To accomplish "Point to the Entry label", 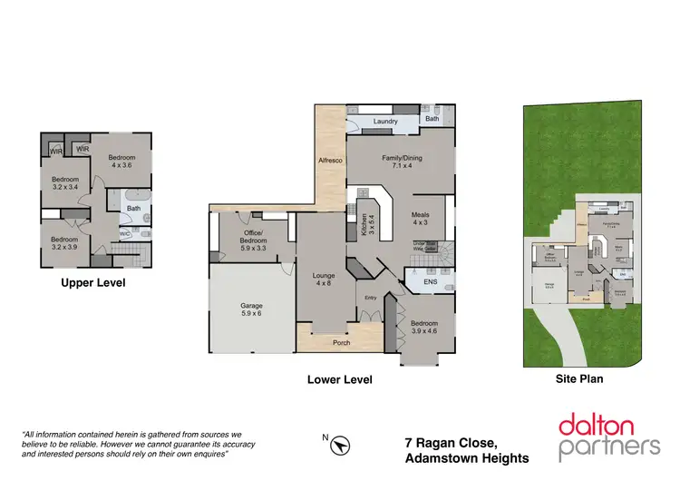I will pos(370,297).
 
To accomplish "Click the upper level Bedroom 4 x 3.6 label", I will pos(121,160).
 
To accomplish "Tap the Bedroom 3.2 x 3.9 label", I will pos(64,242).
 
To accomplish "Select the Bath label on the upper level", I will pos(133,208).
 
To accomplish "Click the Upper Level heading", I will pos(92,282).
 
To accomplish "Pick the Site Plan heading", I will pos(578,379).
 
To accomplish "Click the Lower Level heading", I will pos(339,380).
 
